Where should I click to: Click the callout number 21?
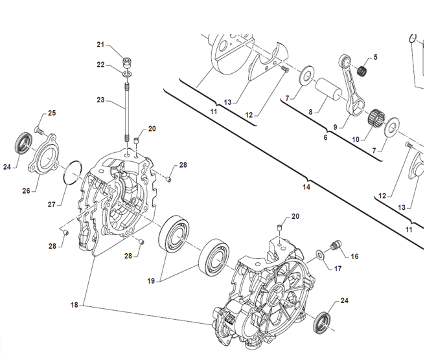(100, 44)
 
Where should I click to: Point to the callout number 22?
(100, 64)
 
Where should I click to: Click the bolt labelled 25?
(39, 129)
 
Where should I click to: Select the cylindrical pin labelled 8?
(328, 89)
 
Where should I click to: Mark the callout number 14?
(306, 187)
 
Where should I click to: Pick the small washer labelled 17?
(321, 253)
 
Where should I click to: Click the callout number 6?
(325, 137)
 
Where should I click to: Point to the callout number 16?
(354, 256)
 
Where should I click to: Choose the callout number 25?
(52, 113)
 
